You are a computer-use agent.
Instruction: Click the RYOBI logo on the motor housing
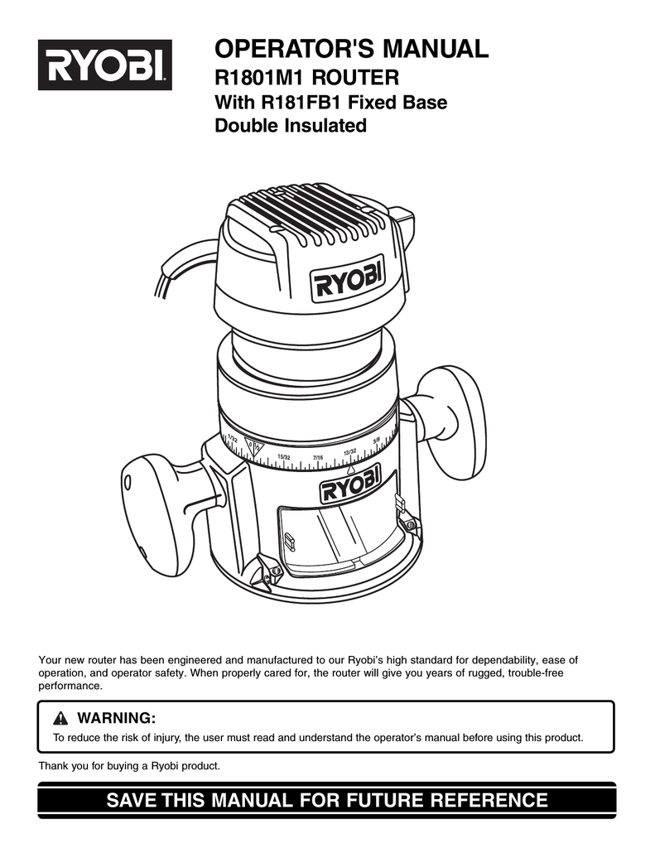click(x=349, y=285)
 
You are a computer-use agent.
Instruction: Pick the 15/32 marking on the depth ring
click(x=283, y=456)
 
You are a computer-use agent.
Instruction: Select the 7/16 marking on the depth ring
click(x=318, y=457)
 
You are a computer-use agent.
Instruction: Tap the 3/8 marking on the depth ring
click(x=377, y=441)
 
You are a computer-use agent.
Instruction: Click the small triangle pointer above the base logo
click(x=350, y=470)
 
